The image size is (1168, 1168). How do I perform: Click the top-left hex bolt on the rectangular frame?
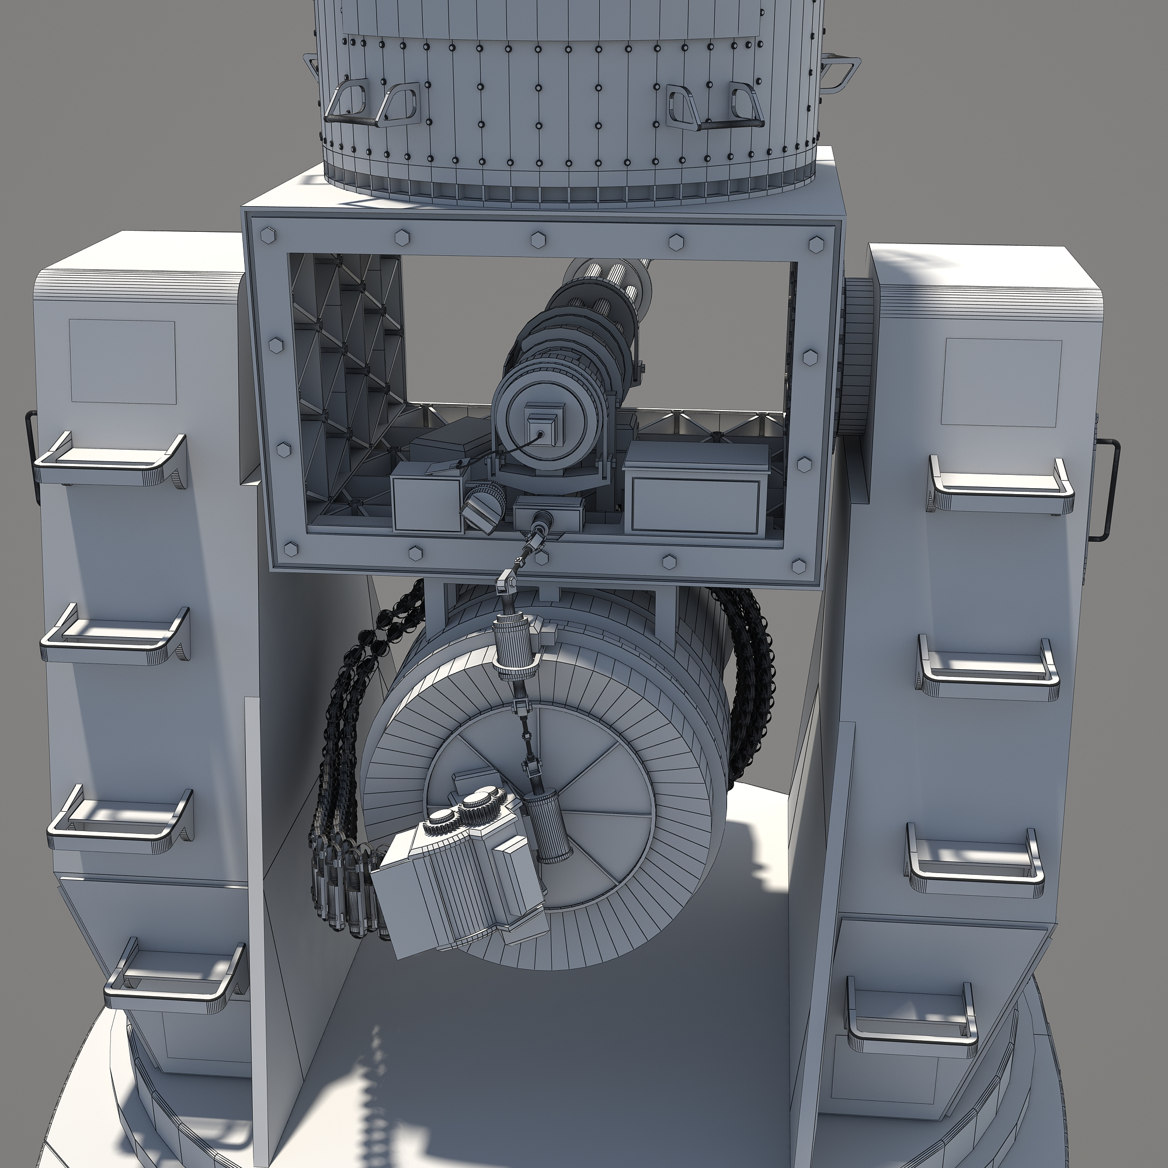tap(268, 235)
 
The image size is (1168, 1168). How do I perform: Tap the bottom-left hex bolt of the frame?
tap(291, 550)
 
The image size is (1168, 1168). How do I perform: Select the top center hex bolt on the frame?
tap(538, 240)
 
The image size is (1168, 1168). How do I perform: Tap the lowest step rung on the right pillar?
tap(911, 1024)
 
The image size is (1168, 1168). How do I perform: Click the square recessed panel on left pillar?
tap(123, 361)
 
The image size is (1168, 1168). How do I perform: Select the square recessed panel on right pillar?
tap(1000, 383)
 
